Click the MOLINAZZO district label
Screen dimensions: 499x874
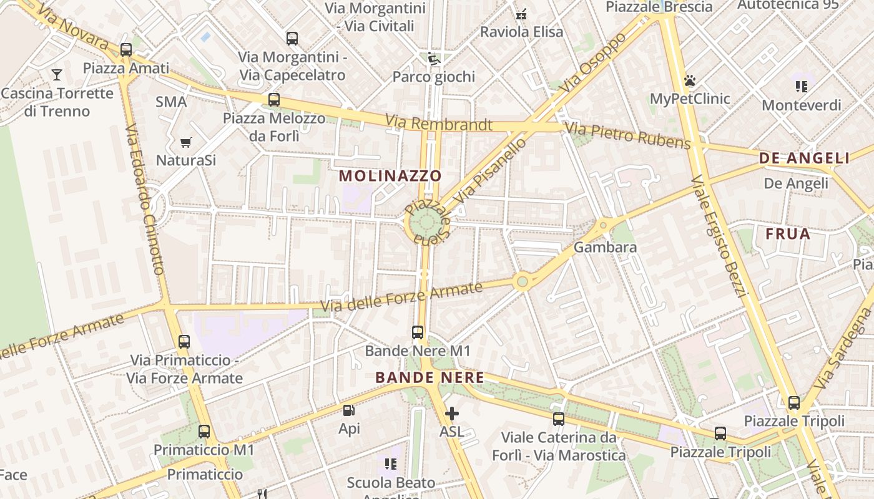(390, 176)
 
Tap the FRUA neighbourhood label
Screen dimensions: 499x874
(788, 235)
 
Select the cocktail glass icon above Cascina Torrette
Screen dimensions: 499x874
(57, 75)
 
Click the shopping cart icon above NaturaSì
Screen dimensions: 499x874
(185, 143)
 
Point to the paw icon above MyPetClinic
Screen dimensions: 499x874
(690, 80)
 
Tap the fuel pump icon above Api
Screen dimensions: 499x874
(349, 410)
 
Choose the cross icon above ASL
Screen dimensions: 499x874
(451, 413)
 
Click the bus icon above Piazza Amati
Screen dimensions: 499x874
(126, 50)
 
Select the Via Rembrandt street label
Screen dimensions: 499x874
(438, 123)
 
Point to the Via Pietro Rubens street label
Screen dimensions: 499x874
(628, 137)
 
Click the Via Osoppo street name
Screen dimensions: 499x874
(592, 63)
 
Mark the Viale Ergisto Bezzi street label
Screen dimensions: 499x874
(719, 237)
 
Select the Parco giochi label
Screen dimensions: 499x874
(433, 77)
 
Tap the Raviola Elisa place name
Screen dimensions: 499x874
(521, 32)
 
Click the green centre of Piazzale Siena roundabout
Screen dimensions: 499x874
(426, 223)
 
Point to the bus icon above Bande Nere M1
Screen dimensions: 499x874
(418, 332)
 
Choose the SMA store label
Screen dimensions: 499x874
(171, 102)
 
